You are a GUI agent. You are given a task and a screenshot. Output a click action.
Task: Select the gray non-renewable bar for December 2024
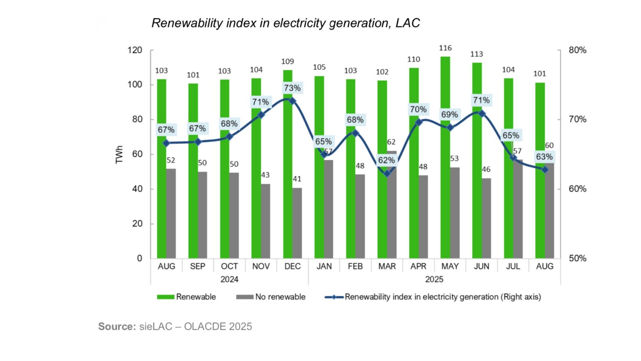(x=297, y=223)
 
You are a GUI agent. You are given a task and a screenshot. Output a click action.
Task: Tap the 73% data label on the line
(x=292, y=88)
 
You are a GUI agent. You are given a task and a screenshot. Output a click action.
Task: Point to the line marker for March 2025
(x=387, y=173)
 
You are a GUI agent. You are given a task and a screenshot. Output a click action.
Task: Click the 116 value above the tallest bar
(x=445, y=48)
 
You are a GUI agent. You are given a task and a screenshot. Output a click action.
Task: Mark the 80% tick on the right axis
(x=577, y=50)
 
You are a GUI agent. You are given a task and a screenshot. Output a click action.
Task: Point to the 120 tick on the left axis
(x=135, y=50)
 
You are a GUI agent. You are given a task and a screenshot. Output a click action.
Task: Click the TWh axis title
(x=119, y=154)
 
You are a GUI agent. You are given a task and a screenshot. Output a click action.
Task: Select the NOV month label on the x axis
(x=261, y=266)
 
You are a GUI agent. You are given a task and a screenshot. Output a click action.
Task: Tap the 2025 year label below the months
(x=434, y=279)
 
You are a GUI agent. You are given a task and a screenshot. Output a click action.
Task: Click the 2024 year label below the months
(x=229, y=279)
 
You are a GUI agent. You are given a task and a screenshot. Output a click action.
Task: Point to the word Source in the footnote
(x=117, y=327)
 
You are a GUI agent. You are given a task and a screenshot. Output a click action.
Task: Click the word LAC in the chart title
(x=408, y=23)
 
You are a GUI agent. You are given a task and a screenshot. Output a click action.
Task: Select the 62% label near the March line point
(x=386, y=160)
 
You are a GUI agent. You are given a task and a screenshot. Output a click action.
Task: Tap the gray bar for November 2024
(x=265, y=221)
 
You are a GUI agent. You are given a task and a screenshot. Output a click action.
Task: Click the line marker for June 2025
(x=482, y=114)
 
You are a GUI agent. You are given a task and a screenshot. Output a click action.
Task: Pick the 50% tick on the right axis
(x=577, y=258)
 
